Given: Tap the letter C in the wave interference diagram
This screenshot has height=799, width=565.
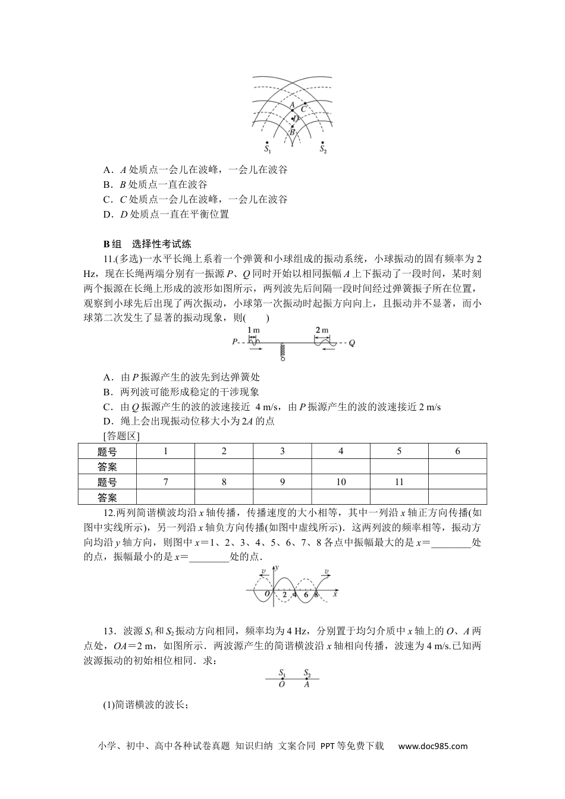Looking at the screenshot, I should click(x=303, y=109).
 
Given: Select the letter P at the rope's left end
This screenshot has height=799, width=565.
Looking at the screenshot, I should click(x=235, y=342).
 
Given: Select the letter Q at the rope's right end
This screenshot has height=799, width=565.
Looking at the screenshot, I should click(x=352, y=343).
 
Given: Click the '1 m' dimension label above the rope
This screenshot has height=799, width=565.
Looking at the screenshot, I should click(x=253, y=330).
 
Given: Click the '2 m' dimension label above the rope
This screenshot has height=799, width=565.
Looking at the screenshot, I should click(x=322, y=330).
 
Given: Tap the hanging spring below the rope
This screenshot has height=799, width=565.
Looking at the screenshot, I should click(x=283, y=353).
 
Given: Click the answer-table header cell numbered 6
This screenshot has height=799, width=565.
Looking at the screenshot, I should click(x=457, y=451).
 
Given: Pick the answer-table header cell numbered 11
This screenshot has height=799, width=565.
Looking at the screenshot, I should click(x=399, y=482).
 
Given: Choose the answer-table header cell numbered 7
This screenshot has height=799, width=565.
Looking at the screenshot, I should click(x=165, y=482).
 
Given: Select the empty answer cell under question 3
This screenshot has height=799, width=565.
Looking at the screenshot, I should click(x=282, y=467).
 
